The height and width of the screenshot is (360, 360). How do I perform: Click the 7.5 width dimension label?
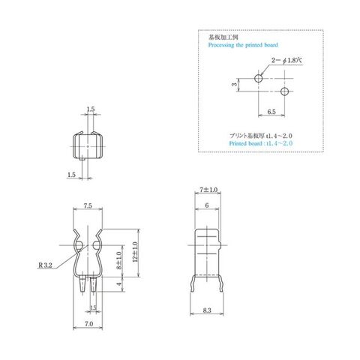pyautogui.click(x=88, y=205)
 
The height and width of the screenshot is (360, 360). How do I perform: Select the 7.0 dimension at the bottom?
pyautogui.click(x=88, y=324)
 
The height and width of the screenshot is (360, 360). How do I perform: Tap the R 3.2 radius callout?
pyautogui.click(x=45, y=265)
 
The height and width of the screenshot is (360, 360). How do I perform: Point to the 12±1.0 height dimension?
pyautogui.click(x=136, y=252)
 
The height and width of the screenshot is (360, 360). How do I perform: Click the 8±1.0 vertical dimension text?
pyautogui.click(x=119, y=260)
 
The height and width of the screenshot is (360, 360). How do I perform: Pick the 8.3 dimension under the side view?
pyautogui.click(x=207, y=310)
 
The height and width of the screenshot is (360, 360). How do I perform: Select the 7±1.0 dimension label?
pyautogui.click(x=208, y=190)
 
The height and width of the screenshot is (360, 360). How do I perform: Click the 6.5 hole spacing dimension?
pyautogui.click(x=271, y=112)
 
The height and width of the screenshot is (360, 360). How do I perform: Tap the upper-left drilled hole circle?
pyautogui.click(x=259, y=79)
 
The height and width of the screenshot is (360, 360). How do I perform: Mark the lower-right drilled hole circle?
pyautogui.click(x=284, y=91)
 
